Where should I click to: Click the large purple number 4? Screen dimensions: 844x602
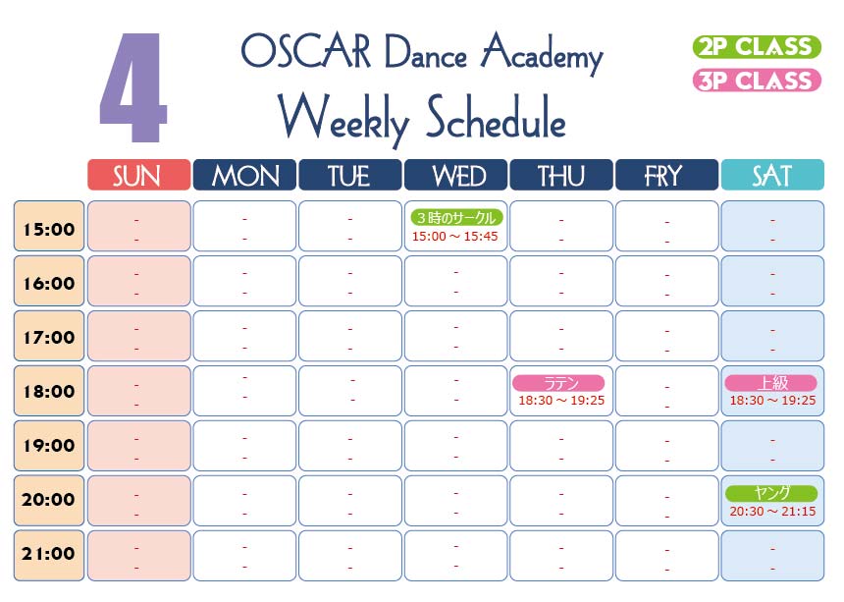(133, 87)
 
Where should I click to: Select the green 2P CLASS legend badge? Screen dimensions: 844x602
(757, 47)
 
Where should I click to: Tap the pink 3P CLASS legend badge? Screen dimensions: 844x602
(757, 81)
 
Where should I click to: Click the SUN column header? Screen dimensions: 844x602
(139, 175)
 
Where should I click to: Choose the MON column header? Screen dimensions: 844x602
(244, 175)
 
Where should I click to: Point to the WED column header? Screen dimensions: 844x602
(455, 175)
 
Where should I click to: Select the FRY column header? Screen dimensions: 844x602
(666, 175)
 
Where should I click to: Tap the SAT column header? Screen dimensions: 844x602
(772, 175)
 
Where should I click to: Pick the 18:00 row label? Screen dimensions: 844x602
(49, 391)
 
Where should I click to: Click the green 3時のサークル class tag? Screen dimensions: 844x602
(456, 218)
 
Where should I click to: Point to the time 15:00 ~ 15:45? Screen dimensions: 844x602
(454, 237)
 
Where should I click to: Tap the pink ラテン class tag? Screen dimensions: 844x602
(558, 383)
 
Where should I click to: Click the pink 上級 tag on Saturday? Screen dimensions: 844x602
(770, 383)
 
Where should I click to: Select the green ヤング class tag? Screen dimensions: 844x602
(771, 493)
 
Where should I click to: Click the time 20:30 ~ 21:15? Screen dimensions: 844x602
(772, 512)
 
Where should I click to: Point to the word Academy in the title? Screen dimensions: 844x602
(542, 54)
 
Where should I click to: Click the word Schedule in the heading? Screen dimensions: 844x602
(496, 119)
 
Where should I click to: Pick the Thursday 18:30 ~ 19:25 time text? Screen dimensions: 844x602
(561, 401)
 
